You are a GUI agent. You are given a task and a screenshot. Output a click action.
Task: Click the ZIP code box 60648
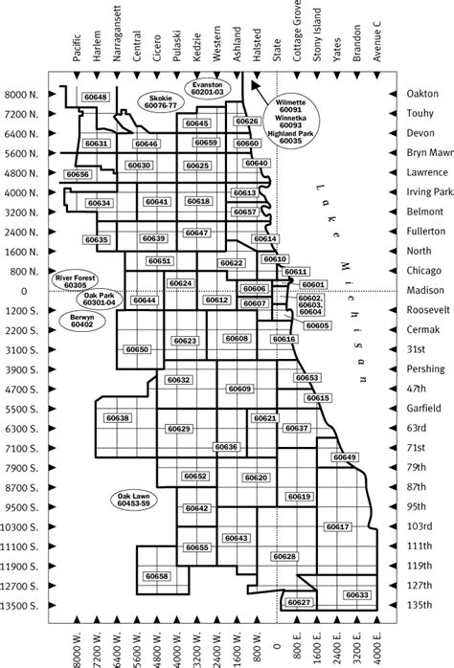96,98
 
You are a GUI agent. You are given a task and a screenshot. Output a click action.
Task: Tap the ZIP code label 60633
357,595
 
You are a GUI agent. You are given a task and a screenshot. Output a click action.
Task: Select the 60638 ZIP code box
118,418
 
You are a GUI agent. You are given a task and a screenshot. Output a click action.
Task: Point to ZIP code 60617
337,526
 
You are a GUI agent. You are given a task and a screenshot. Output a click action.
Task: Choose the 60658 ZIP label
158,576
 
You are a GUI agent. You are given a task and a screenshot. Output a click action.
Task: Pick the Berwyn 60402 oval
81,322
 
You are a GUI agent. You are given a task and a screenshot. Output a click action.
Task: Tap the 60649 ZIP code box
345,457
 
